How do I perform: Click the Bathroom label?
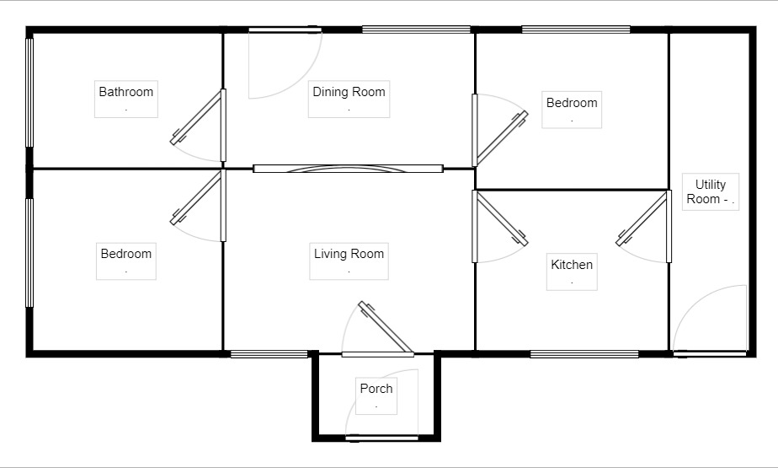[x=126, y=92]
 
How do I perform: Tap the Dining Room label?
[x=349, y=92]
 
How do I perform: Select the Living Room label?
[x=349, y=254]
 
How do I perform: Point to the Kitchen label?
[x=572, y=265]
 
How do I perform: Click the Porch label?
[x=376, y=389]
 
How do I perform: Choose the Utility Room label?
[x=711, y=191]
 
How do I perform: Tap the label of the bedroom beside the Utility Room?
[x=572, y=103]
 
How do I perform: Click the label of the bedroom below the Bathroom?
[x=126, y=254]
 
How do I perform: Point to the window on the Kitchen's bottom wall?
[x=584, y=353]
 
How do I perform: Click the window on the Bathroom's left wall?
[x=29, y=92]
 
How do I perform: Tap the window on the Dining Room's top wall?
[x=416, y=30]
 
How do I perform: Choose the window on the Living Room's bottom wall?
[x=269, y=353]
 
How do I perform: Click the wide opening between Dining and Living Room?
[x=348, y=169]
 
